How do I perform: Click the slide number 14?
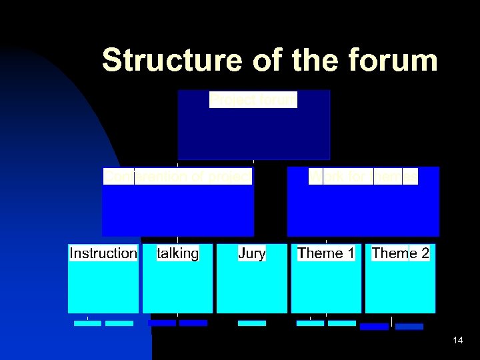tap(457, 341)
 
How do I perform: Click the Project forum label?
tap(253, 100)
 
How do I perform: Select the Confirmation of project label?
tap(178, 176)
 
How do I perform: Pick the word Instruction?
tap(103, 253)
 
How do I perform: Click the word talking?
tap(177, 253)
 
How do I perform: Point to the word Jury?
tap(252, 253)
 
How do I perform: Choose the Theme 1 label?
tap(326, 253)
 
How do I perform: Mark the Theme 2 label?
tap(400, 253)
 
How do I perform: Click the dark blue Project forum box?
tap(253, 133)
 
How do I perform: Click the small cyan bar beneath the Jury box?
tap(252, 323)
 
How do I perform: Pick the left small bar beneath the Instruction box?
tap(87, 323)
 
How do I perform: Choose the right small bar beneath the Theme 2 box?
tap(409, 327)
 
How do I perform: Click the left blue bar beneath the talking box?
tap(162, 323)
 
